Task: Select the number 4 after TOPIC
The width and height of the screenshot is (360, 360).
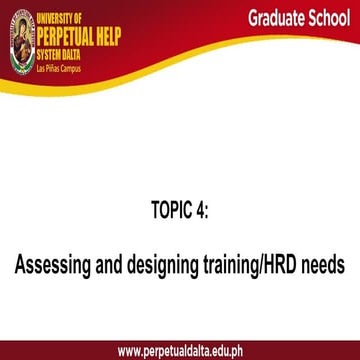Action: (x=199, y=211)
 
